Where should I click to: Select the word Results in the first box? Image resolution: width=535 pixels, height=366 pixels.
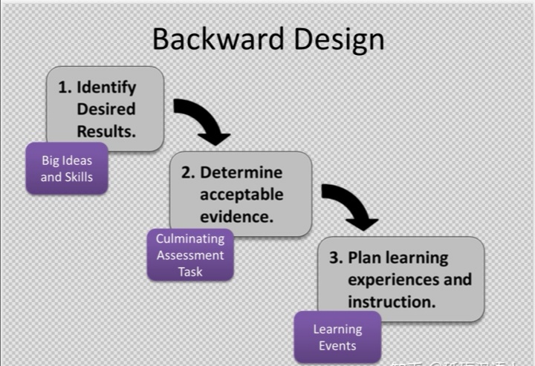[x=106, y=131]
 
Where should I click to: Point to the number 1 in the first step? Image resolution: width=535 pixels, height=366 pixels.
[x=64, y=87]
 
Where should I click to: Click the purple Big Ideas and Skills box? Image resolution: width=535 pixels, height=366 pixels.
[x=67, y=168]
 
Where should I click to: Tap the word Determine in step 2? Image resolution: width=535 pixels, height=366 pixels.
[x=241, y=172]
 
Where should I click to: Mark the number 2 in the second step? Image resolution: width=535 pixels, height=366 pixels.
[x=187, y=172]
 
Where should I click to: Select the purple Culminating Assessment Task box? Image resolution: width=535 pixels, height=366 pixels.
[x=190, y=255]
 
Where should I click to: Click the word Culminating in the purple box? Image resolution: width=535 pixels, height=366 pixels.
[x=190, y=239]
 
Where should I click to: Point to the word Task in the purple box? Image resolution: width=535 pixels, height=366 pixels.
[x=190, y=271]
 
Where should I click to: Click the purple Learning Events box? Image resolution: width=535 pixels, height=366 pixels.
[x=337, y=337]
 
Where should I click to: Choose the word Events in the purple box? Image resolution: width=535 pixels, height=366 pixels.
[x=337, y=345]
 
